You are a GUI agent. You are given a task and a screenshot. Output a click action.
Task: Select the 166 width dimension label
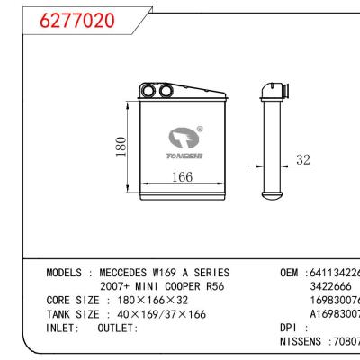pyautogui.click(x=183, y=178)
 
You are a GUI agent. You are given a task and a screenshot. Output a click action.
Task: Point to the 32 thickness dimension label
pyautogui.click(x=301, y=161)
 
